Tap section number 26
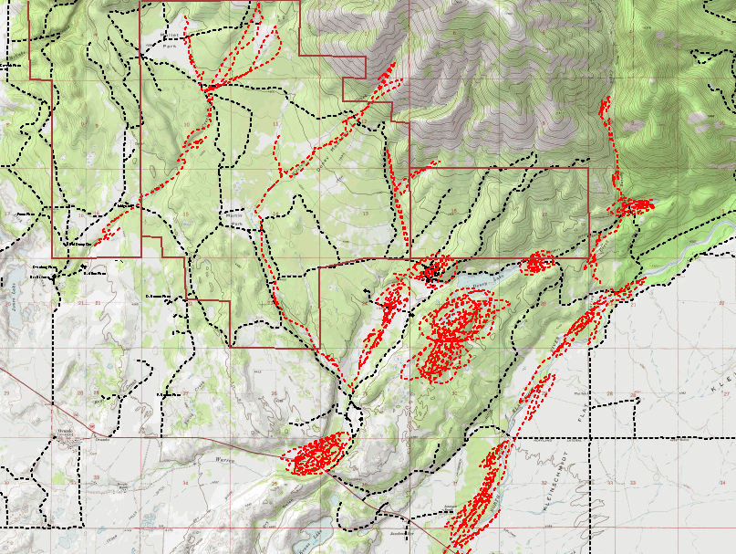(274, 393)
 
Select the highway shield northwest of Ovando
(91, 425)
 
